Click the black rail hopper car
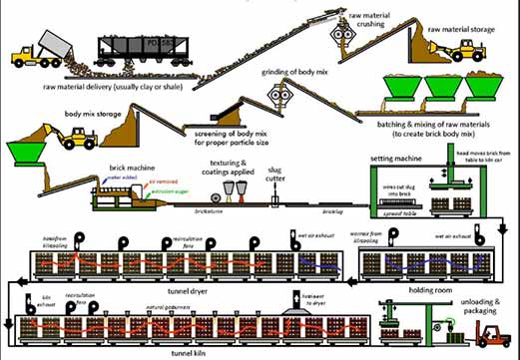pos(140,51)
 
